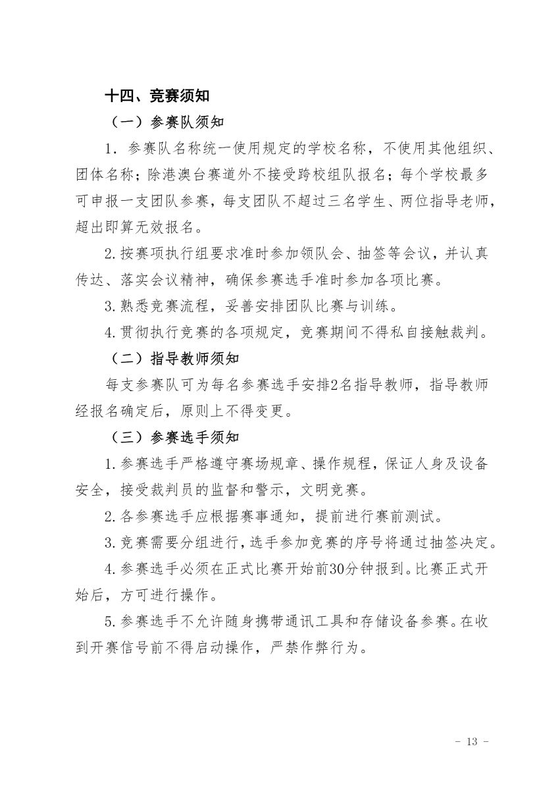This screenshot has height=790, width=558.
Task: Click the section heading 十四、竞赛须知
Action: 157,96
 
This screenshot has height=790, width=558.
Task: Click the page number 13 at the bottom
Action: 470,741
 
